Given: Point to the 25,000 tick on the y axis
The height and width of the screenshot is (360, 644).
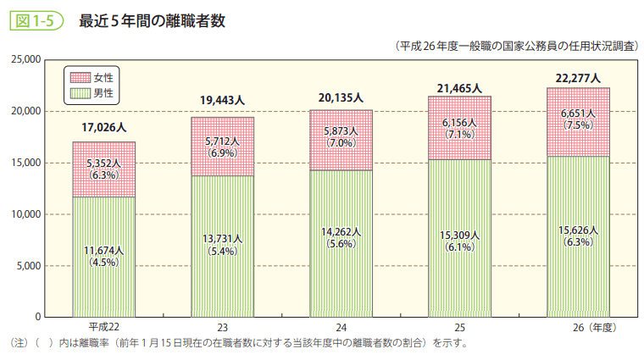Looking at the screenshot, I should (27, 60).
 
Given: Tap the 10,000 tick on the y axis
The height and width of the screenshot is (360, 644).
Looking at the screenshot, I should (27, 214).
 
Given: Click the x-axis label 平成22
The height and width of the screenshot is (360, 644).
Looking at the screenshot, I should (103, 327).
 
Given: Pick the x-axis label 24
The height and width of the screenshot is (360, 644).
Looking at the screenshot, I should (341, 327).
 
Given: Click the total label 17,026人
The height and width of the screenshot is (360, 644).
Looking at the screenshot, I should (103, 128).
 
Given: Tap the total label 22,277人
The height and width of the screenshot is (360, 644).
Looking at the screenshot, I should (578, 78).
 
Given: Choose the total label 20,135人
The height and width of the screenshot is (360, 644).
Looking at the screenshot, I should (341, 97).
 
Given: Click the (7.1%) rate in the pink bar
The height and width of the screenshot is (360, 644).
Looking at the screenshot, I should (459, 135).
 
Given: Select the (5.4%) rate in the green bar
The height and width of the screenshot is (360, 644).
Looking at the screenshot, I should (222, 252).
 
